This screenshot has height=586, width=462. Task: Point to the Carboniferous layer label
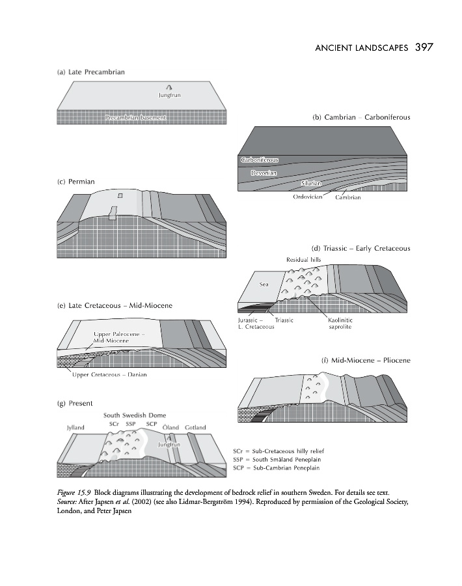pos(259,160)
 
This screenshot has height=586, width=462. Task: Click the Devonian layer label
pos(264,173)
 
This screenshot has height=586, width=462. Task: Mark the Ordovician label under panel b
pos(308,197)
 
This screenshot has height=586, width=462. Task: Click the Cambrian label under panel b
pos(347,197)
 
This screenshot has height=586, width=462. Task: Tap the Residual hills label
pos(304,259)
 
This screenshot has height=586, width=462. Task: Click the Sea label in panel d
pos(264,284)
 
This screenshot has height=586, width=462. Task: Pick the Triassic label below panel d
pos(284,320)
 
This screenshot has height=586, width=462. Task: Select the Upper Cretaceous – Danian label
pos(110,374)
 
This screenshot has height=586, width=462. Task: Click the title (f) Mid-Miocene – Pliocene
pos(366,360)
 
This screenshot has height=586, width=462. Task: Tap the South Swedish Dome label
pos(135,415)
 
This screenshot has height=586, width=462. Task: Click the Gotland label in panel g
pos(195,428)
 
